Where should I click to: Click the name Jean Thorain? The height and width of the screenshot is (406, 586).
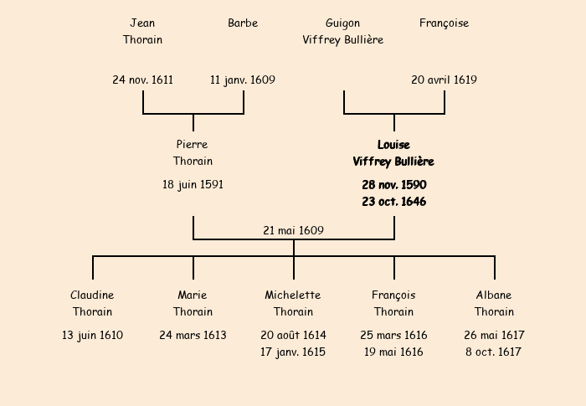[142, 31]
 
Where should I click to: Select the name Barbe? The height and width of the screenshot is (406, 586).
[243, 23]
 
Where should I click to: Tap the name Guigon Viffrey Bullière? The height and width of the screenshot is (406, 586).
[343, 31]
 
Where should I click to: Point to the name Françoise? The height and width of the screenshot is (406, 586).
[444, 23]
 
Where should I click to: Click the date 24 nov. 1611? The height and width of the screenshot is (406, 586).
[142, 80]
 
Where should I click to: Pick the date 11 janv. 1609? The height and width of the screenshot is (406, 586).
[243, 80]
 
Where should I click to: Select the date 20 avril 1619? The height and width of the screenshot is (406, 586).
[444, 80]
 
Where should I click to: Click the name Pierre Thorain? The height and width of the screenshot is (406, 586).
[193, 152]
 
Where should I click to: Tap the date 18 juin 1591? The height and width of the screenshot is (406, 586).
[193, 184]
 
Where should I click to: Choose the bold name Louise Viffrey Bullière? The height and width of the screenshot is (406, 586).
[393, 152]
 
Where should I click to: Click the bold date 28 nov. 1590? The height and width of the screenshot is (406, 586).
[393, 184]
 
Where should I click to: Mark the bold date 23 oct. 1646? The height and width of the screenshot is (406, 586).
[393, 202]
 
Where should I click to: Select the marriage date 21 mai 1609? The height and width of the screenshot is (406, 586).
[293, 230]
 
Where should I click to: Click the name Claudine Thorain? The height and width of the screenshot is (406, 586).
[92, 303]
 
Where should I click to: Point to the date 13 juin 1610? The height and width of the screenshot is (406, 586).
[92, 335]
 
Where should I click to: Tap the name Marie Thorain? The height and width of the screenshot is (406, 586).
[193, 303]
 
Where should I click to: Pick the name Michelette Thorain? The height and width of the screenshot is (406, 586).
[293, 303]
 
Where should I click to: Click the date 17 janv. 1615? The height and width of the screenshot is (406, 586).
[293, 352]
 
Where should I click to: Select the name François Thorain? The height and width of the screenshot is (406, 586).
[393, 303]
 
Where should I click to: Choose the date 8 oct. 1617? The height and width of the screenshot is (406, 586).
[494, 352]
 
